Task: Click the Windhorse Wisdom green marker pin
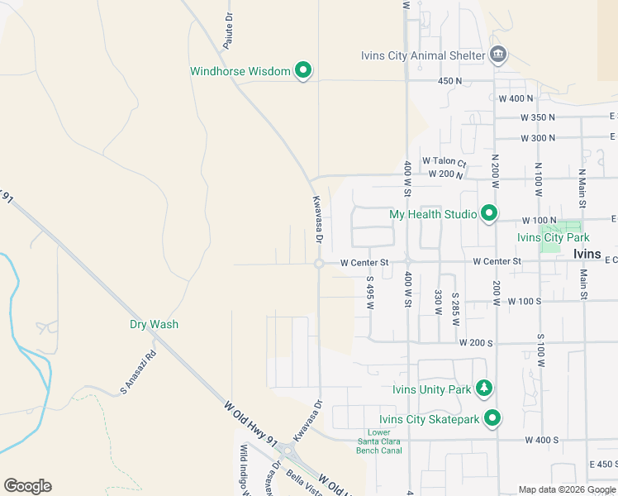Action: coord(303,71)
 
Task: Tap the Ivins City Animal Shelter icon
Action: coord(498,56)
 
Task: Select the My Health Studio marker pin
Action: coord(489,214)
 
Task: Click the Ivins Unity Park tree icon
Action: coord(483,389)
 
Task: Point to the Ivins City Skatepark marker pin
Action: coord(492,419)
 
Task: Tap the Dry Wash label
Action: coord(154,325)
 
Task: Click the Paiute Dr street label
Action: coord(229,31)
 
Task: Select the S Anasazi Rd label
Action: coord(138,372)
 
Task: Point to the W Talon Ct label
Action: coord(444,162)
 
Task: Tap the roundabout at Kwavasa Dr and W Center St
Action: coord(319,264)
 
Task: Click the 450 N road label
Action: coord(449,81)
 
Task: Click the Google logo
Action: coord(28,486)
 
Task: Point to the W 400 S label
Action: coord(541,441)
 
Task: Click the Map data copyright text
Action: coord(568,490)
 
